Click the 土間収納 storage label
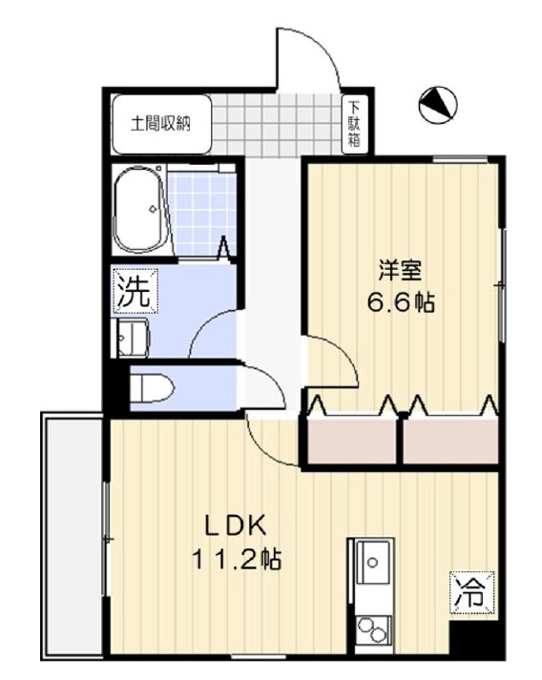[x=160, y=125]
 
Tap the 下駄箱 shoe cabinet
[x=355, y=124]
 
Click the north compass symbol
[x=438, y=105]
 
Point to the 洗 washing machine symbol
[x=135, y=290]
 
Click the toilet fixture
[x=152, y=388]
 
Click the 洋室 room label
[x=400, y=271]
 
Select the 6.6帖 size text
[x=401, y=302]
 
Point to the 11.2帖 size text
[x=237, y=560]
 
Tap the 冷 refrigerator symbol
[x=472, y=593]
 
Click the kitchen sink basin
[x=372, y=563]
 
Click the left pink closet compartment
[x=351, y=441]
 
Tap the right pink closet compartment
[x=450, y=441]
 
